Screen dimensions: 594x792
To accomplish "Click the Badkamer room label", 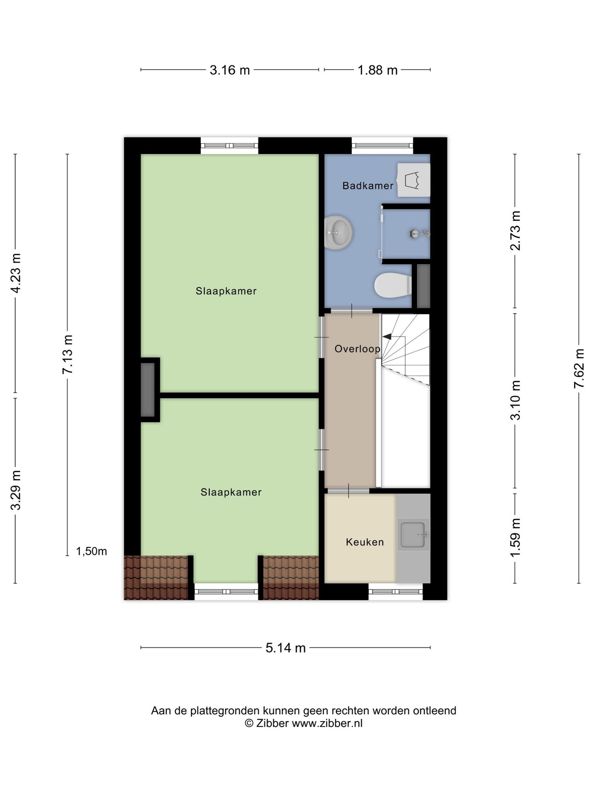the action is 368,186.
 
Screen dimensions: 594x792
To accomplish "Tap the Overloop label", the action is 357,349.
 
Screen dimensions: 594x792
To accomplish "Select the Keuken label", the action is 365,542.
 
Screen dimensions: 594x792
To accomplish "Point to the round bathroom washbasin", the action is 338,232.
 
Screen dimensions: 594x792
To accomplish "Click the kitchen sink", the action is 413,535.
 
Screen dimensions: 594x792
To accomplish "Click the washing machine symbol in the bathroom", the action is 414,180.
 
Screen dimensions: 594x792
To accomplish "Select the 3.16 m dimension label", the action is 230,70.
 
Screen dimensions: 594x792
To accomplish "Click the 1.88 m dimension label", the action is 377,70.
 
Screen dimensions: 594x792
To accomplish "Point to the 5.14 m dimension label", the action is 285,648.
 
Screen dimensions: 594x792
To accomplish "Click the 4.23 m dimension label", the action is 15,273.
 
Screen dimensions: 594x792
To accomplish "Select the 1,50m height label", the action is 91,551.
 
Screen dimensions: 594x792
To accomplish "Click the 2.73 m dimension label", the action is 515,230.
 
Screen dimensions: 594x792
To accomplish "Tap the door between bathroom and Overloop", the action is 351,311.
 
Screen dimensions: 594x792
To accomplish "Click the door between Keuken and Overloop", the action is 348,491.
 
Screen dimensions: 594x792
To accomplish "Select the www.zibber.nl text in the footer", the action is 327,723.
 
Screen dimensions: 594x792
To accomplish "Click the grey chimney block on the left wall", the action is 147,390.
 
